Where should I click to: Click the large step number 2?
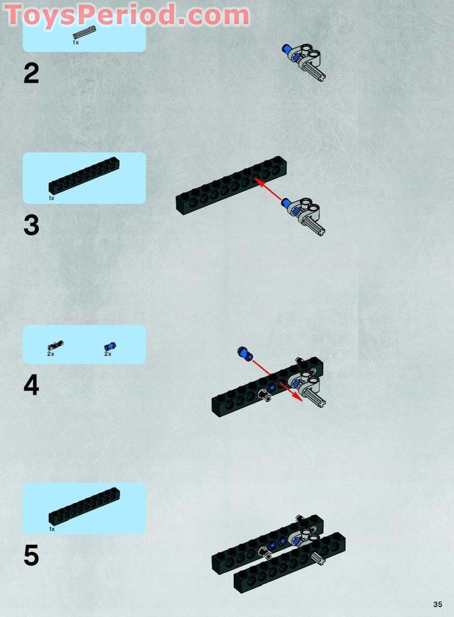click(x=31, y=73)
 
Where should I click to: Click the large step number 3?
click(x=31, y=225)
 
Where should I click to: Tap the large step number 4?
click(x=31, y=385)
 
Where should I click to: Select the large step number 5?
click(x=31, y=555)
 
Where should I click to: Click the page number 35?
click(x=437, y=604)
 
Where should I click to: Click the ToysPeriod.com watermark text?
click(x=126, y=15)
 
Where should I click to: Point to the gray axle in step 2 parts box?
click(x=84, y=32)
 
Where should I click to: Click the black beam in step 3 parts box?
click(x=84, y=175)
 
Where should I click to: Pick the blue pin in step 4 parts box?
click(x=110, y=346)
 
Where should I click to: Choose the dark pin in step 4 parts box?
click(x=55, y=346)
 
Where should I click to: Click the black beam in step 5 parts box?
click(x=84, y=507)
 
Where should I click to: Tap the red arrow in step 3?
click(x=268, y=189)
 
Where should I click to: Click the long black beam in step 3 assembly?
click(x=231, y=185)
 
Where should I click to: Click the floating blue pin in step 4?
click(x=245, y=354)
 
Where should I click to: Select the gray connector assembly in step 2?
click(x=303, y=62)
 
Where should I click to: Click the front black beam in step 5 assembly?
click(x=289, y=563)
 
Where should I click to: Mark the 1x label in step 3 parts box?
click(x=52, y=198)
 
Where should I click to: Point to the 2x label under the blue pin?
click(x=108, y=354)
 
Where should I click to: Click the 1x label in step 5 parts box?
click(x=52, y=529)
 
